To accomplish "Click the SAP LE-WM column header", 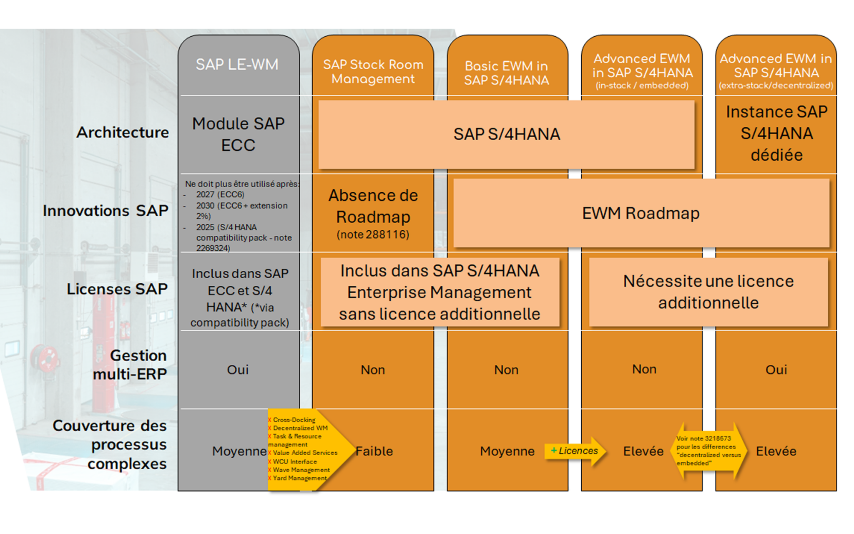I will [237, 65].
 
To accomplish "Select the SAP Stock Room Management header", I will [373, 72].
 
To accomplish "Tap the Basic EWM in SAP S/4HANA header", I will [507, 73].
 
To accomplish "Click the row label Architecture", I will [123, 133].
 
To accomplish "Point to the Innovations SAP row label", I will [105, 211].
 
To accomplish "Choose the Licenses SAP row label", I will [117, 289].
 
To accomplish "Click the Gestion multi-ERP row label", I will [130, 365].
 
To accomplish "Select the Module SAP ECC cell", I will [238, 134].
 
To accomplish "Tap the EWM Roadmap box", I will [641, 213].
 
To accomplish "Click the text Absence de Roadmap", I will [373, 206].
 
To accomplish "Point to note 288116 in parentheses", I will [373, 234].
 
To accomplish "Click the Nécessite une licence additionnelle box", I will [708, 292].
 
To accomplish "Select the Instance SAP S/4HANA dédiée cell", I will [776, 133].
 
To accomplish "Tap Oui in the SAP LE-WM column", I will [238, 370].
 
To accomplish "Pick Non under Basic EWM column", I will [506, 370].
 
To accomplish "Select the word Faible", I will [374, 451].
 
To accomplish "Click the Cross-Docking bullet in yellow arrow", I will [294, 420].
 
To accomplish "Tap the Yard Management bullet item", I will [299, 478].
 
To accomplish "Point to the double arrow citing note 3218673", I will [708, 451].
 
